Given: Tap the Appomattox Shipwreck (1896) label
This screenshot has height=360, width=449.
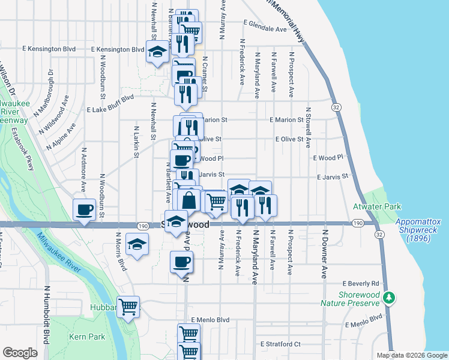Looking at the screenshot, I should [418, 230].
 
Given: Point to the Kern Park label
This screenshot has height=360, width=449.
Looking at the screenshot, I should [87, 337].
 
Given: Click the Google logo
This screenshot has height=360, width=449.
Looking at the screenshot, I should [20, 353].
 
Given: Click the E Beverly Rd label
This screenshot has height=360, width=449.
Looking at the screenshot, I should [361, 283].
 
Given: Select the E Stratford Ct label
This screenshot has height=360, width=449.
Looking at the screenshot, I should [280, 344].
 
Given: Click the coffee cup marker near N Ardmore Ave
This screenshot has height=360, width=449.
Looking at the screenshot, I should [84, 210].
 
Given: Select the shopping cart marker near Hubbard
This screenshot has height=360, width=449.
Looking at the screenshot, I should [128, 307].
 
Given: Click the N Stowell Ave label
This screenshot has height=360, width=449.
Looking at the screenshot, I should [308, 127].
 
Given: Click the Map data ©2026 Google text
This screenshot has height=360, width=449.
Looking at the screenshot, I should [411, 355].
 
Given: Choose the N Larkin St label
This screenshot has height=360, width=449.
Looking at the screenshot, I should [137, 142].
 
